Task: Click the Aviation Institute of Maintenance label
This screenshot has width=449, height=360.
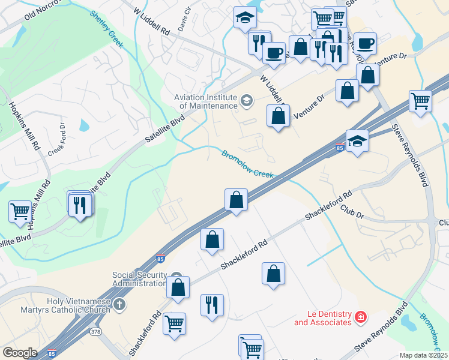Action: [205, 101]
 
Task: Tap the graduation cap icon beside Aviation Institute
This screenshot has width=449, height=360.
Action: [246, 100]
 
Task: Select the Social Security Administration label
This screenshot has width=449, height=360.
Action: [139, 279]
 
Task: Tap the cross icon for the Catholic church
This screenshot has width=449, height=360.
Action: [119, 305]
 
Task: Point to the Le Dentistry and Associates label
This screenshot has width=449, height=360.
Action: [322, 318]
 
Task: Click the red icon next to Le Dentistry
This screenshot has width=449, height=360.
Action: [360, 317]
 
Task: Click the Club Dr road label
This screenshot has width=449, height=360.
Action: [352, 210]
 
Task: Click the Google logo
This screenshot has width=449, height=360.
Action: [20, 353]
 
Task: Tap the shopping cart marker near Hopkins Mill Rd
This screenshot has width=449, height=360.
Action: [20, 211]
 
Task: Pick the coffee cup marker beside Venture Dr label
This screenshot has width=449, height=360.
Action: [365, 43]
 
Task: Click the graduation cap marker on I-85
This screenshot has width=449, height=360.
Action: [357, 141]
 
